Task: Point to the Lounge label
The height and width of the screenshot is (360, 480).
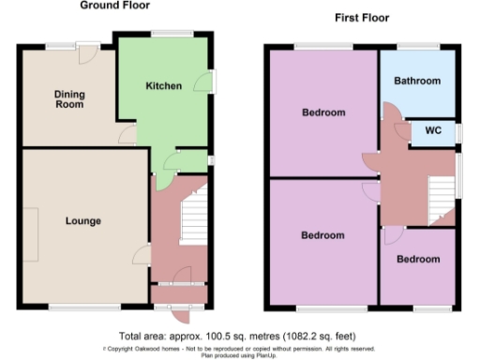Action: click(x=82, y=221)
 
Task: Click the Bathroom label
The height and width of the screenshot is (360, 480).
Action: click(x=417, y=82)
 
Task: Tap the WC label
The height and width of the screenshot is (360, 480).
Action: click(x=434, y=130)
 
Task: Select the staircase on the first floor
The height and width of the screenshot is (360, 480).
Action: click(x=441, y=197)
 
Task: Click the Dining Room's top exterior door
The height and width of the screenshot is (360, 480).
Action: click(x=85, y=52)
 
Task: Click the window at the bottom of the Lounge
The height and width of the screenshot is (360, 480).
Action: click(x=72, y=306)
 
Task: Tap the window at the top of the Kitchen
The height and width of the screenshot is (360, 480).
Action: click(x=172, y=35)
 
